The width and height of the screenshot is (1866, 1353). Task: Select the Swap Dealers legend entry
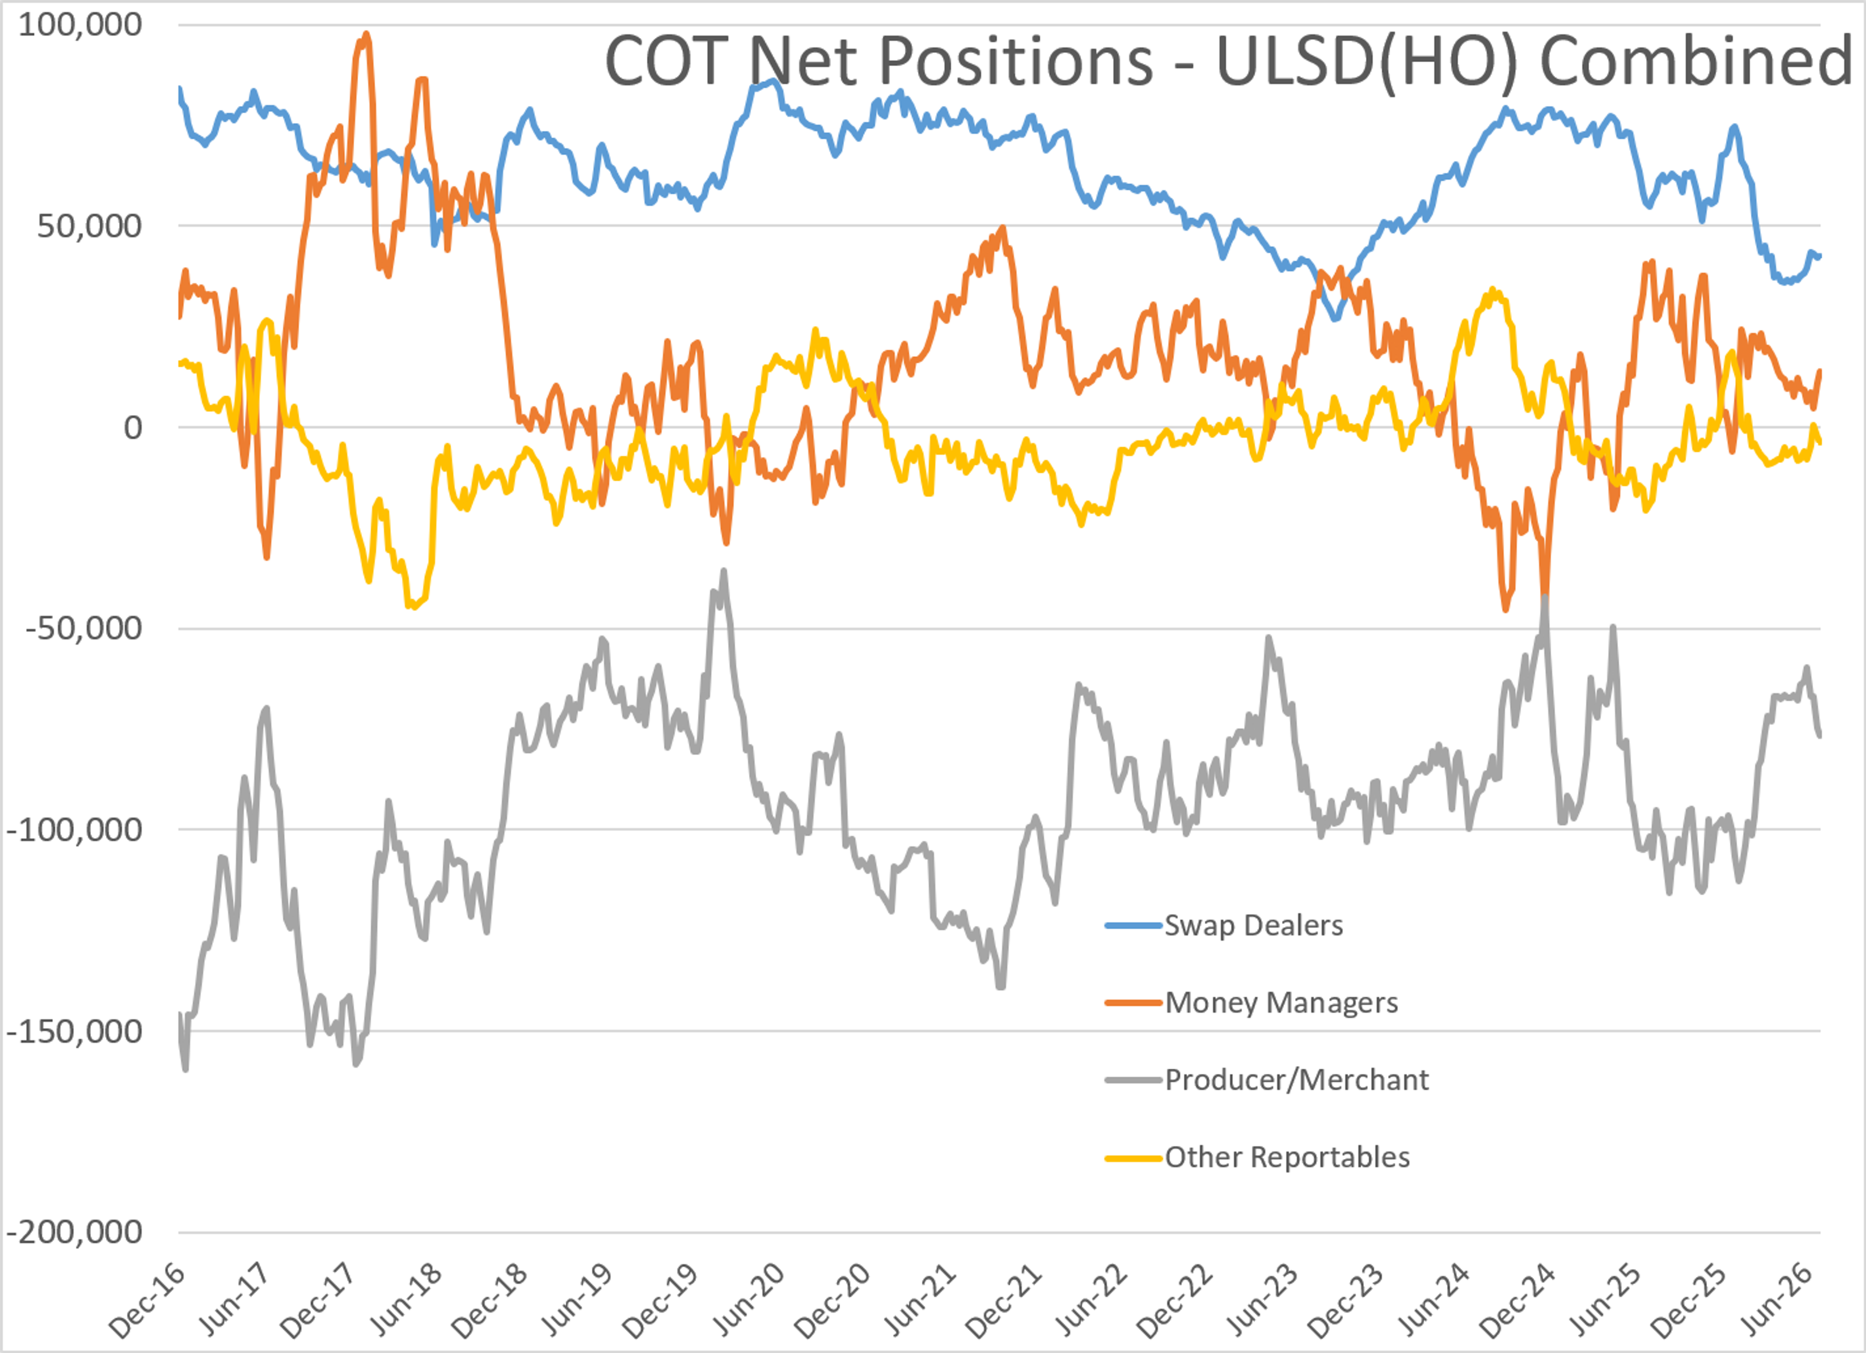1224,926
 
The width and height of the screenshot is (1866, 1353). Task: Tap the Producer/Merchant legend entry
1267,1080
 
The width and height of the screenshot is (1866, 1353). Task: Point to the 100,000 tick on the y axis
80,25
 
